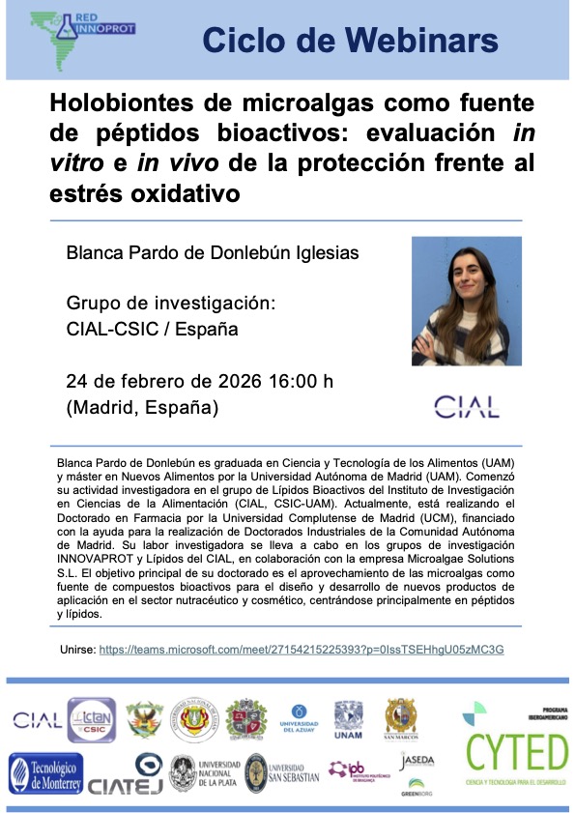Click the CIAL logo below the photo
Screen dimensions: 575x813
pos(467,406)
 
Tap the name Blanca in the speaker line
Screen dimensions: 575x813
pos(95,253)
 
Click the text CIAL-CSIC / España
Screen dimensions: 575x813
pos(152,329)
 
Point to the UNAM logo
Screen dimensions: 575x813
pos(348,720)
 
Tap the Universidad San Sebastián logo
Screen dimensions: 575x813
pos(281,773)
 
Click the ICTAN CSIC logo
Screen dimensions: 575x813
pos(91,719)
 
